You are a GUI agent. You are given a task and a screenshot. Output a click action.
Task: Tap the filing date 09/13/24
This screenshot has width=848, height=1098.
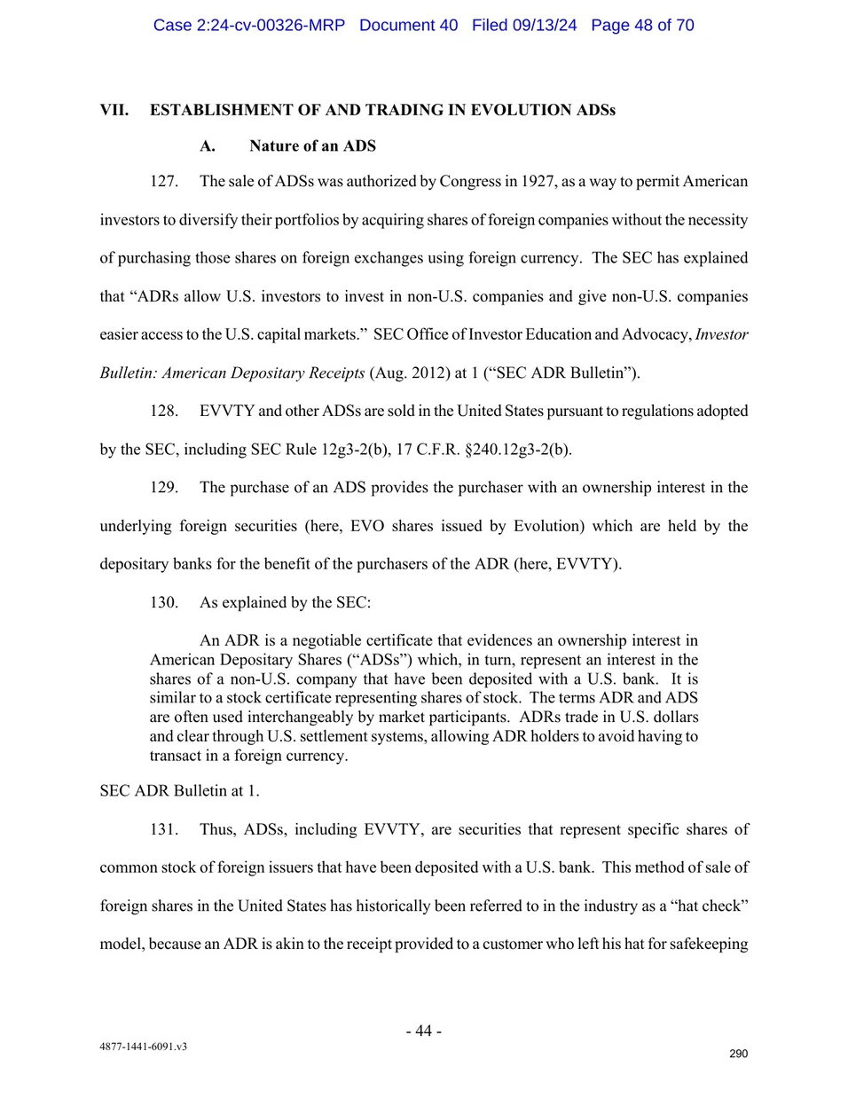[x=544, y=25]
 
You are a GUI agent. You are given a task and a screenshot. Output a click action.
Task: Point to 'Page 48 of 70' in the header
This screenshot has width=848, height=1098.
[x=642, y=25]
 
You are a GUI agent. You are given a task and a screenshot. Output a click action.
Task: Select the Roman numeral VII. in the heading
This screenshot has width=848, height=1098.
[x=114, y=110]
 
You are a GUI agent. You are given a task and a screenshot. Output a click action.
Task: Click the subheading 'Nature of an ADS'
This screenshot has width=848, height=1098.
[x=312, y=145]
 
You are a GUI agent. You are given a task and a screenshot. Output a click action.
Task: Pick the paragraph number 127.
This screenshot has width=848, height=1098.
[x=163, y=182]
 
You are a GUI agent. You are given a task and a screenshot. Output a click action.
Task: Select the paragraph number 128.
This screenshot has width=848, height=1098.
[x=163, y=412]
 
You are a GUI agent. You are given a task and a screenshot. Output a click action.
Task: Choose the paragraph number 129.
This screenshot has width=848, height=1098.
[x=163, y=488]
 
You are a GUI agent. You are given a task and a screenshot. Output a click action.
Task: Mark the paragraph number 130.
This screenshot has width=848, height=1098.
[x=163, y=603]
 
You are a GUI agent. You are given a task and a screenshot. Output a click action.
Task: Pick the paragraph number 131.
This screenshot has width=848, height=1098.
[x=163, y=830]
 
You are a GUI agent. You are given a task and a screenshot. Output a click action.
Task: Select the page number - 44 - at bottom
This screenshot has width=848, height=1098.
[x=424, y=1031]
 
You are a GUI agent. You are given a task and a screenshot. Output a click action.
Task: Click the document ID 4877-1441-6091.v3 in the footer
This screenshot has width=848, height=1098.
[x=143, y=1047]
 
